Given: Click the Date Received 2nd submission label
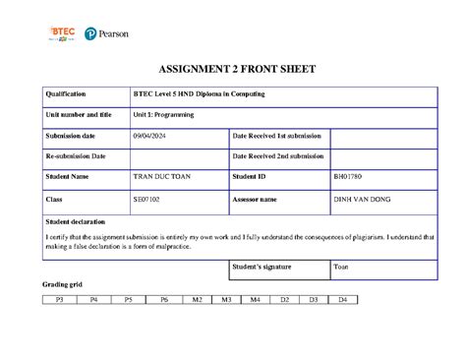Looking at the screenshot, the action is point(278,155).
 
